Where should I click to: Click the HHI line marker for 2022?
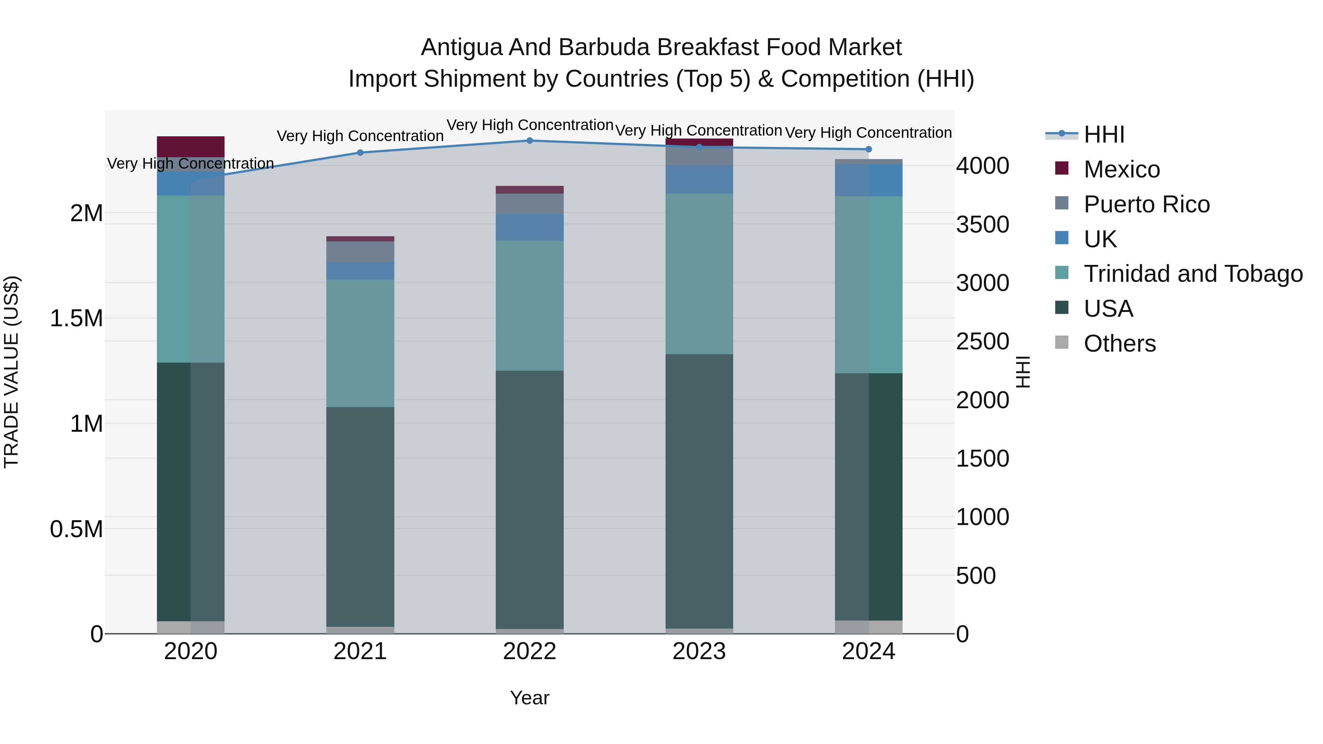click(530, 141)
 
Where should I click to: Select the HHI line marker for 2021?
click(360, 152)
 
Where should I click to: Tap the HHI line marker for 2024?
click(868, 150)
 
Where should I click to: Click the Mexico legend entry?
click(1122, 169)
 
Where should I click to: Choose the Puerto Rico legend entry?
click(1146, 204)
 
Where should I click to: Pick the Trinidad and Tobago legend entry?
click(1193, 274)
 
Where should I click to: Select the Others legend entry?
click(1120, 344)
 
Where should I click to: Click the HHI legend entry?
click(1104, 134)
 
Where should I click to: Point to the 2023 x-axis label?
click(699, 651)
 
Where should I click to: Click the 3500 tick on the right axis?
click(982, 224)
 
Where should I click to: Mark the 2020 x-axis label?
click(190, 651)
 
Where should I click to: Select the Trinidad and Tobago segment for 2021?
click(360, 343)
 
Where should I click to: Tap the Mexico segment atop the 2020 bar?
click(190, 146)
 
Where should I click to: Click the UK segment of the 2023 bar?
click(699, 179)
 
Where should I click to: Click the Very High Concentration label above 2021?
click(360, 136)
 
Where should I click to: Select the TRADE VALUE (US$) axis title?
click(11, 372)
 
